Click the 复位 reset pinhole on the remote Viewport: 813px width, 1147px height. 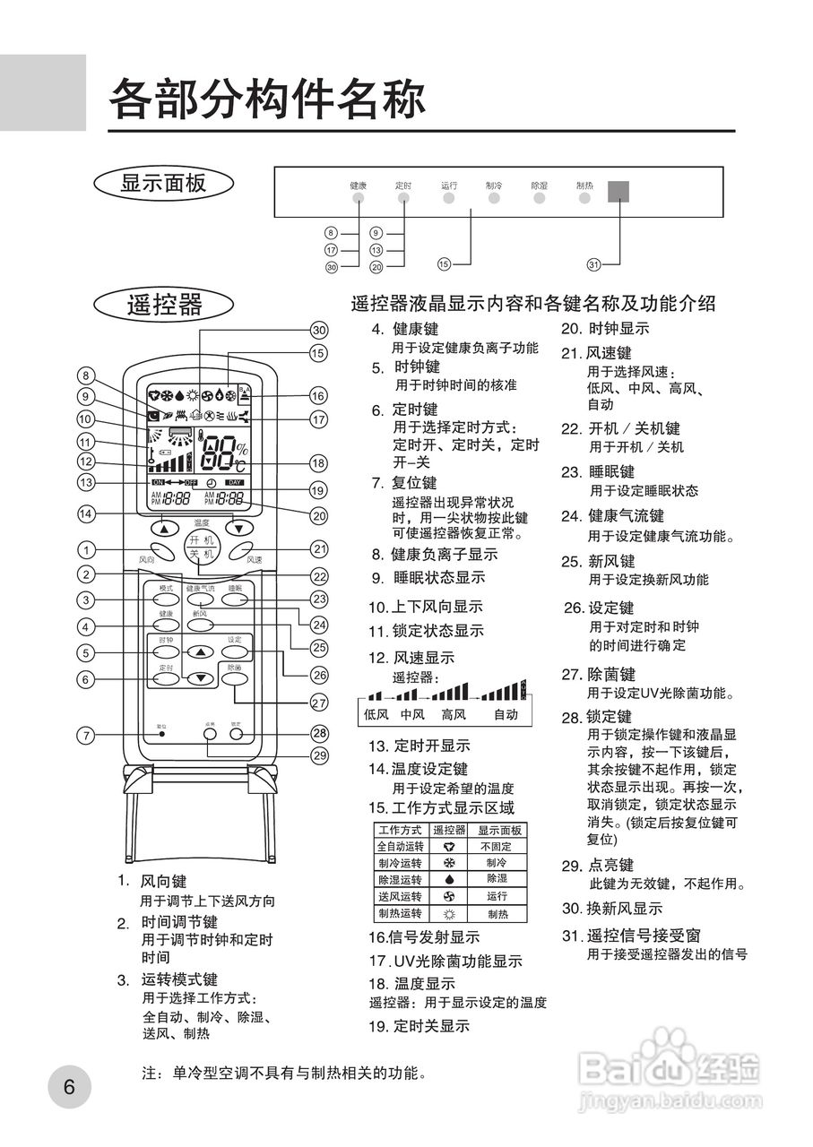point(162,734)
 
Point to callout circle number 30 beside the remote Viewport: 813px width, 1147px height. point(318,329)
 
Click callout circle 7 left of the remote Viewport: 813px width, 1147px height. point(85,736)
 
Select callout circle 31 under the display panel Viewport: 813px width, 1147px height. point(593,264)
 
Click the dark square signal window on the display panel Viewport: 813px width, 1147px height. point(618,192)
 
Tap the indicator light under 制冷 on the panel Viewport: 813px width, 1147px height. point(494,198)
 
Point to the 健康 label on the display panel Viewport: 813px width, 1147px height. point(358,185)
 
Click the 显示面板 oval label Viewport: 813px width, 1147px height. point(163,183)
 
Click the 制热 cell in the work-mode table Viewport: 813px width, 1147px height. point(497,914)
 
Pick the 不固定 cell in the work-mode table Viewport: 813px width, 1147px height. point(497,846)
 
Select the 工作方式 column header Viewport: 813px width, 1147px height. point(400,830)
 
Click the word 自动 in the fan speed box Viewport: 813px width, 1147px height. point(506,714)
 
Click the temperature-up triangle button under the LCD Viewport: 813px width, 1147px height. point(164,528)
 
